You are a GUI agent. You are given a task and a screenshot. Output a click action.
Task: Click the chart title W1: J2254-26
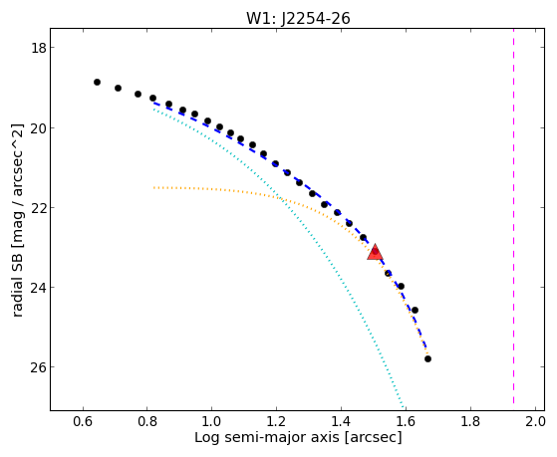pos(298,18)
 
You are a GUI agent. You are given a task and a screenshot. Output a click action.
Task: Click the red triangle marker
pos(375,252)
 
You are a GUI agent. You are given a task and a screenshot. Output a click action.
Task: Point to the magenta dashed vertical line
pos(514,216)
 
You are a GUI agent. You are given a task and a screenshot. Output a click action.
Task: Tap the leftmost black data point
pos(97,82)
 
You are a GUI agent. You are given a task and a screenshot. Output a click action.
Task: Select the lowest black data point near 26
pos(427,359)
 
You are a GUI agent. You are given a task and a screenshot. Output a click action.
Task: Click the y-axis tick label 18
pos(38,48)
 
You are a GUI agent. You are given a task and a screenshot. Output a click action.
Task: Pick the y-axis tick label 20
pos(38,127)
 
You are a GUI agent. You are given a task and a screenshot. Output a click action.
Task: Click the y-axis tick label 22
pos(38,207)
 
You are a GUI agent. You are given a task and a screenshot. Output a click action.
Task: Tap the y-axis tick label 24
pos(38,287)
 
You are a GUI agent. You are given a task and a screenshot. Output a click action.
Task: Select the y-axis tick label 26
pos(38,366)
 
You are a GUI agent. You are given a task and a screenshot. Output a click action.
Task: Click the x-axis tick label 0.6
pos(83,421)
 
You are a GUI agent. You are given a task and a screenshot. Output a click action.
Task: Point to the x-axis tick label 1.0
pos(212,421)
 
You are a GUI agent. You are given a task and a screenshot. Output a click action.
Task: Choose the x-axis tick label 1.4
pos(342,421)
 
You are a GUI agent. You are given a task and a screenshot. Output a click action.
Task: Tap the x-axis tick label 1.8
pos(470,421)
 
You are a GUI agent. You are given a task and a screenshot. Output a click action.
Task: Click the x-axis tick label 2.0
pos(535,421)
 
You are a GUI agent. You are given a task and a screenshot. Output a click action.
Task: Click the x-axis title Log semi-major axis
pos(267,437)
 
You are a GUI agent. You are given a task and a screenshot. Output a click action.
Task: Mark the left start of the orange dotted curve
pos(153,187)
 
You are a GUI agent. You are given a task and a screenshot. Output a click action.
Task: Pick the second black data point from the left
pos(118,88)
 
